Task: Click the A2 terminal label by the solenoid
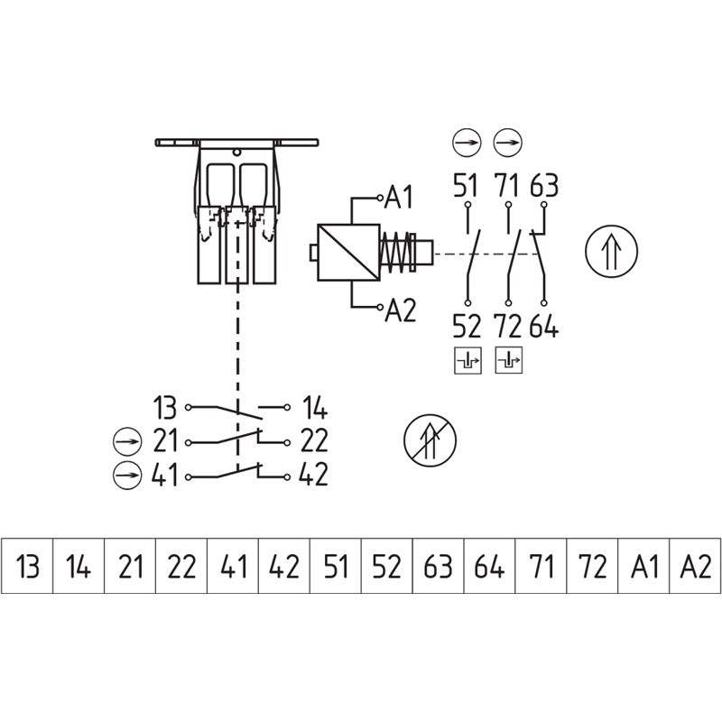[400, 311]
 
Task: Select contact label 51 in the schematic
[466, 188]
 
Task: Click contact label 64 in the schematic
[544, 325]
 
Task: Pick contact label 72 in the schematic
[508, 325]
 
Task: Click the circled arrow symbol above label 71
[508, 143]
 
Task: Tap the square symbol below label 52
[467, 359]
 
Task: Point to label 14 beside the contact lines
[312, 407]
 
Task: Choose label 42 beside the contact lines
[312, 475]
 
